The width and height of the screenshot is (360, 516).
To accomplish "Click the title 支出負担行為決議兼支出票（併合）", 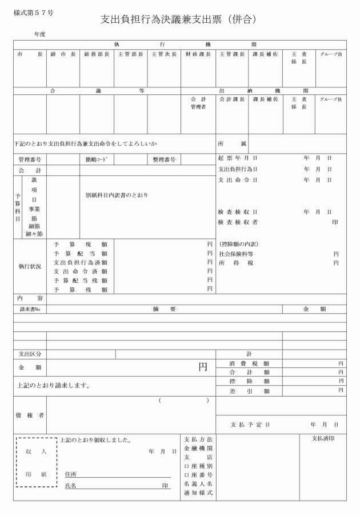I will (x=179, y=19).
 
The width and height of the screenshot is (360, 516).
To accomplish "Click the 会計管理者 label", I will (x=198, y=103).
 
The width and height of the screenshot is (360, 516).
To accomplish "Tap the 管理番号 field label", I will (x=30, y=160).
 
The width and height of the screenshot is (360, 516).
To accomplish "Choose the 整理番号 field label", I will (x=164, y=160).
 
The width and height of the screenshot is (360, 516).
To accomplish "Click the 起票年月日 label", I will (x=238, y=158).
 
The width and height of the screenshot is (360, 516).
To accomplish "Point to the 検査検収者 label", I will (x=238, y=222).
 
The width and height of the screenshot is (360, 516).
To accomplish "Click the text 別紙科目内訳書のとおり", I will (x=117, y=195).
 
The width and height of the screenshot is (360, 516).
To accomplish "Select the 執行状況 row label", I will (x=30, y=266).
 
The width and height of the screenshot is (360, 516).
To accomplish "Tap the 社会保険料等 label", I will (x=236, y=254).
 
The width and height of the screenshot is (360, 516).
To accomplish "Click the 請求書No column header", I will (x=30, y=309).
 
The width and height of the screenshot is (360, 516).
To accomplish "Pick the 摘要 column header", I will (x=164, y=309).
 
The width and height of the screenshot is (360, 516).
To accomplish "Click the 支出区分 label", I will (x=30, y=354).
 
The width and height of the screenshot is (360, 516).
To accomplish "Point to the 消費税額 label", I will (x=249, y=363).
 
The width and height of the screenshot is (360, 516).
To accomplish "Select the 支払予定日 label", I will (x=250, y=425).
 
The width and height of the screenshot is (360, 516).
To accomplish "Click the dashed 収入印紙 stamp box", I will (x=37, y=462).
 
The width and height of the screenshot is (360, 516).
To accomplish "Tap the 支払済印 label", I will (x=323, y=439).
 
